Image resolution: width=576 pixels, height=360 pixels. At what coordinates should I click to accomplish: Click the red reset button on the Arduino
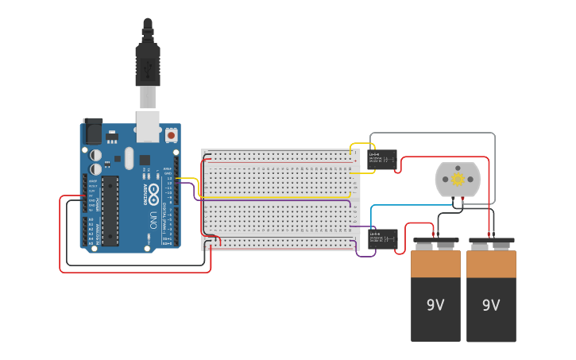tap(171, 135)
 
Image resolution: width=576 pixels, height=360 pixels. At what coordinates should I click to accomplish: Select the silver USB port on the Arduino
tap(148, 126)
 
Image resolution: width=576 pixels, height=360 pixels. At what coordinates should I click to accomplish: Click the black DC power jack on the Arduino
tap(92, 131)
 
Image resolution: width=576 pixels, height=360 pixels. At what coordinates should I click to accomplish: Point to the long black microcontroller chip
tap(110, 211)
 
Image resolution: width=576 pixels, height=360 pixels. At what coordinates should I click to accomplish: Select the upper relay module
tap(382, 160)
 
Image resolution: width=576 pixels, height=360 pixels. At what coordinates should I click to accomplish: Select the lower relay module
tap(382, 239)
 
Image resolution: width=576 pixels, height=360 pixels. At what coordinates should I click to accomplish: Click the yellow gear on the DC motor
tap(458, 179)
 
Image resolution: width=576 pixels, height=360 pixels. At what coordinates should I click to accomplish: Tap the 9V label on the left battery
tap(435, 304)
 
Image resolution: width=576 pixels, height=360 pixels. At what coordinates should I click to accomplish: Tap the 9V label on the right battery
tap(491, 304)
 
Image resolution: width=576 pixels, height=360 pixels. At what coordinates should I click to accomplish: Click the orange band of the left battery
tap(435, 264)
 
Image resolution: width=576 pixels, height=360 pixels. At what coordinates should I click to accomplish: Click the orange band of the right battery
tap(491, 264)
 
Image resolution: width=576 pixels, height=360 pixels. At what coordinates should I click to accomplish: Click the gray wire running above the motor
tap(433, 134)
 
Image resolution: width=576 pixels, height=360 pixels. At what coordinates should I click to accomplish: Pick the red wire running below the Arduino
tap(135, 272)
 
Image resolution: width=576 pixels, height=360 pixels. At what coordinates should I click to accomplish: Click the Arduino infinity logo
tap(153, 192)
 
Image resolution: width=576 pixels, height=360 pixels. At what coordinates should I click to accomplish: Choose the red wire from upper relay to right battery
tap(445, 157)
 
